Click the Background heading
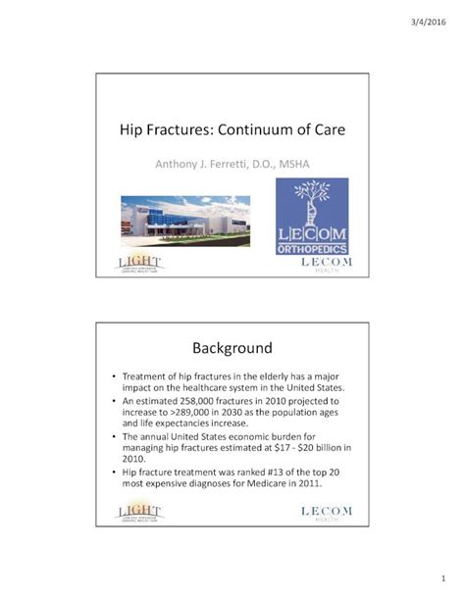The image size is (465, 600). pos(232,348)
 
